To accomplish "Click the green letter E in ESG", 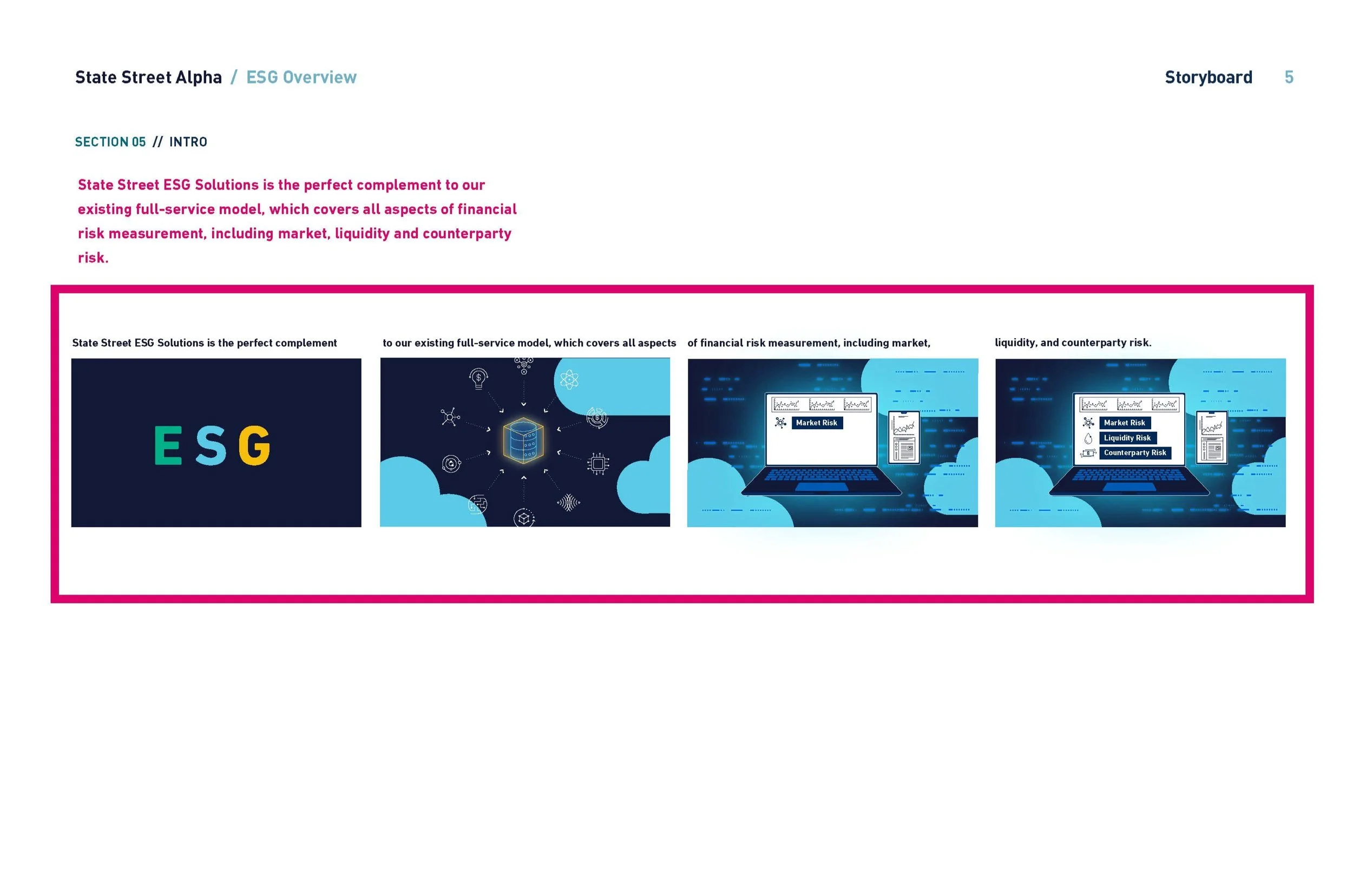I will [x=168, y=445].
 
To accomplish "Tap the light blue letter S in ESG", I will [x=211, y=445].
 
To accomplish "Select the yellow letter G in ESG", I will [x=254, y=445].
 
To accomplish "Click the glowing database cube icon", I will [x=523, y=440].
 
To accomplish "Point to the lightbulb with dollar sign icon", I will [x=478, y=378].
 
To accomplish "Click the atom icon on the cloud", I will [x=569, y=379].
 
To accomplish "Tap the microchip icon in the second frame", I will [x=598, y=464].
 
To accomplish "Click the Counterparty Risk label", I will [x=1135, y=453].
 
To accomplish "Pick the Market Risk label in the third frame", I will [x=817, y=423].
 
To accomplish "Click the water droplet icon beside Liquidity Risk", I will [x=1088, y=439].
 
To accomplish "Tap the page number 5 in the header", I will [x=1289, y=77].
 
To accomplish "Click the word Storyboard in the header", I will [x=1208, y=77].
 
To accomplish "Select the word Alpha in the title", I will [x=198, y=77].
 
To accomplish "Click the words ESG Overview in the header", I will [x=301, y=77].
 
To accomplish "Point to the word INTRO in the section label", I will [x=188, y=142].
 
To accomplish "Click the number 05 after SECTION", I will [x=139, y=142].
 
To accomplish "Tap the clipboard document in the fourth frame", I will [x=1212, y=437].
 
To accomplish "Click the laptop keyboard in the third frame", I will [x=820, y=475].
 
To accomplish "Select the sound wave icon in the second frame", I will [x=568, y=502].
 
